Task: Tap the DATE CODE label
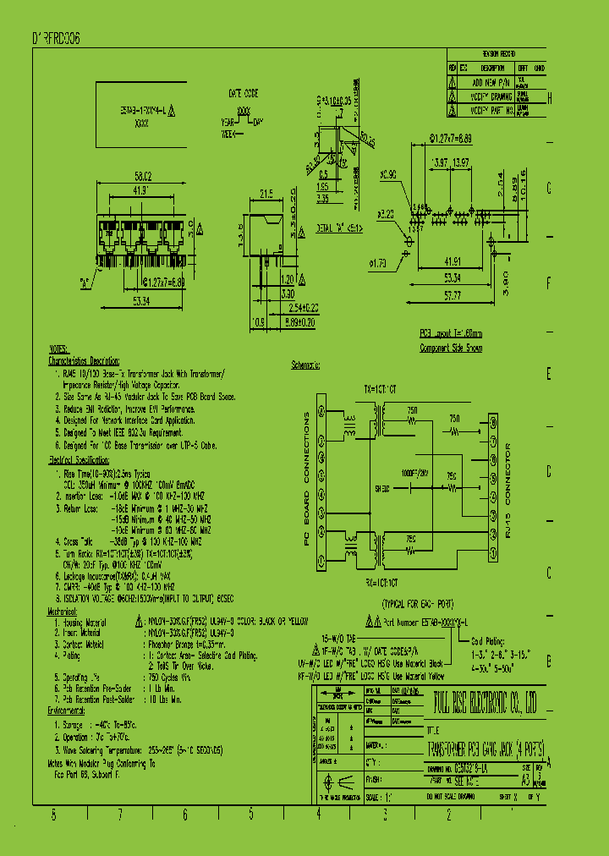[244, 92]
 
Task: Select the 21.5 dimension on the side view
[265, 194]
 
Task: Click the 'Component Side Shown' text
[451, 348]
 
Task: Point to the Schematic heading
[305, 365]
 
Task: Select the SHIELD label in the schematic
[383, 488]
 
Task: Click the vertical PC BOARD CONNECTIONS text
[307, 486]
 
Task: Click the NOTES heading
[58, 348]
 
